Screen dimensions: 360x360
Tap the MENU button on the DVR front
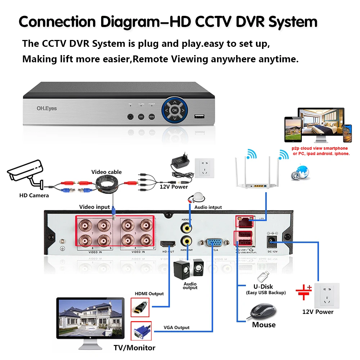[152, 117]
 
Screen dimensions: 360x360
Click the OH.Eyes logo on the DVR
[46, 108]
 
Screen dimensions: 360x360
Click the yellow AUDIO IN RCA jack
[186, 227]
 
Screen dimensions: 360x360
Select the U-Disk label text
[263, 287]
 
